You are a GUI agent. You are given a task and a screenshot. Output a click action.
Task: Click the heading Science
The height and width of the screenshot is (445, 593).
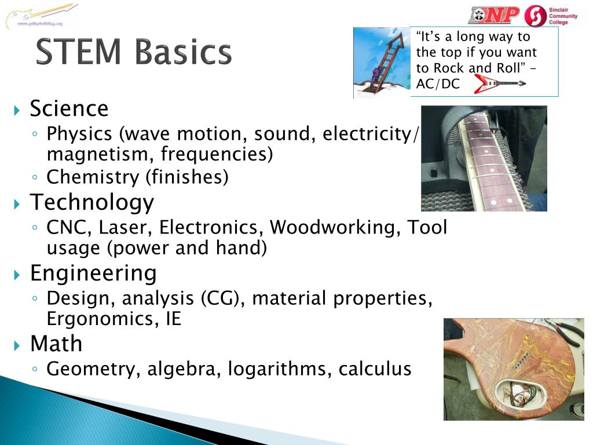(x=69, y=109)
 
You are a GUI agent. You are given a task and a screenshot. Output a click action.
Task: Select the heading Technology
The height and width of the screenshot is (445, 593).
(x=92, y=202)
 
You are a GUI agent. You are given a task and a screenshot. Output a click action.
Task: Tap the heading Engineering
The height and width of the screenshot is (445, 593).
(x=93, y=273)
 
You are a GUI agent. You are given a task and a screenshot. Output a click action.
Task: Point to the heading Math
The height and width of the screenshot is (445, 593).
(x=56, y=344)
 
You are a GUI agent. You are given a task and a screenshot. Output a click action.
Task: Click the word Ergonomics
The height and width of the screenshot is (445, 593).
(x=100, y=319)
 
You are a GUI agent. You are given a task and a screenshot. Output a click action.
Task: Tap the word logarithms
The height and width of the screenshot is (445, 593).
(x=280, y=369)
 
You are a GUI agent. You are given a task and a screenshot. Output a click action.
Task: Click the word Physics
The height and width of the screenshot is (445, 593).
(x=79, y=134)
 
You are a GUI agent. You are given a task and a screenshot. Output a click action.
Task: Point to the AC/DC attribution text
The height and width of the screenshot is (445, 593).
(x=438, y=84)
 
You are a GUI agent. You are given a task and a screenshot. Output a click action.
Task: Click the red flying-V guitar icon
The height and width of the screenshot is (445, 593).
(x=499, y=84)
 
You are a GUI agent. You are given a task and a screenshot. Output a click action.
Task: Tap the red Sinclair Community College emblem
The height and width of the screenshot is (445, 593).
(x=535, y=16)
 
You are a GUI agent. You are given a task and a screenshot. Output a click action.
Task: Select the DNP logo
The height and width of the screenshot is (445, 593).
(x=494, y=15)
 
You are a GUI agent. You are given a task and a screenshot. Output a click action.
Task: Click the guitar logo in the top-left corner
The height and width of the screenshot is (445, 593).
(x=41, y=15)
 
